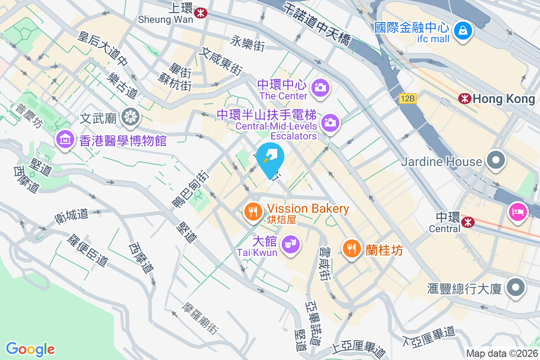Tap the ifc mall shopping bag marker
[x=463, y=30]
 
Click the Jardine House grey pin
[x=495, y=160]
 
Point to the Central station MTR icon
[x=468, y=221]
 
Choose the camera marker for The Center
[x=320, y=86]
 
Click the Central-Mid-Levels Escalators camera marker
[x=330, y=121]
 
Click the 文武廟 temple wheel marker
[x=130, y=117]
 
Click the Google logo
[x=30, y=349]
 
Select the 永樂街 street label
[x=247, y=44]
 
